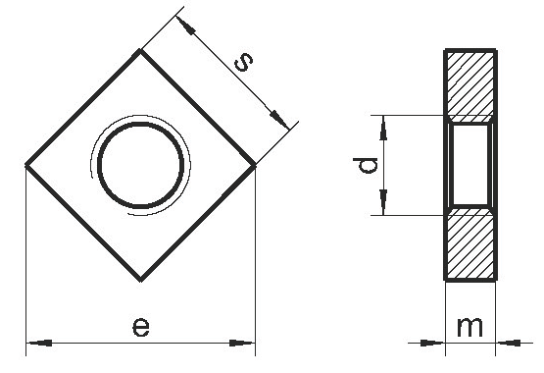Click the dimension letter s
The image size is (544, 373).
[243, 62]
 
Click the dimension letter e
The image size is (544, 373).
[141, 327]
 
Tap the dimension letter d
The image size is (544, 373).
[365, 165]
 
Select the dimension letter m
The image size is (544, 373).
[470, 327]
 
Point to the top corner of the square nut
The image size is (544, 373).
[140, 50]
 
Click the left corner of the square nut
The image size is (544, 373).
[26, 165]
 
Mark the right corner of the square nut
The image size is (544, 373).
[255, 166]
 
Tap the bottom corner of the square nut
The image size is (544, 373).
[140, 280]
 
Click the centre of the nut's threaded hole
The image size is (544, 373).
[140, 165]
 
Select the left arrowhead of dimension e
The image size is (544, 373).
[39, 344]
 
